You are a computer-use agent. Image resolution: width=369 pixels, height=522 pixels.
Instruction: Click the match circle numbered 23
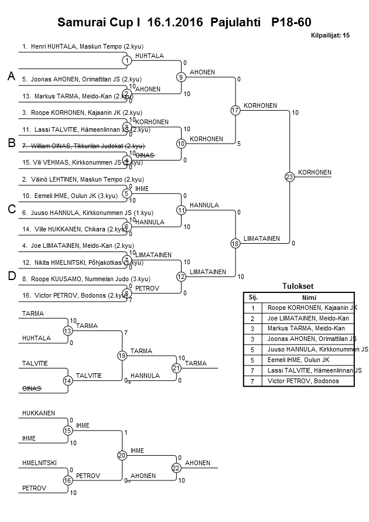click(x=289, y=176)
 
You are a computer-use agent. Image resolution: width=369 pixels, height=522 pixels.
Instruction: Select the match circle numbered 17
click(x=235, y=110)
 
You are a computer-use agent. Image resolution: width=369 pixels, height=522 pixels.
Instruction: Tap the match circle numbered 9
click(x=181, y=77)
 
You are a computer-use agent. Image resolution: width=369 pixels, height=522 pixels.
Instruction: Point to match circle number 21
click(x=176, y=368)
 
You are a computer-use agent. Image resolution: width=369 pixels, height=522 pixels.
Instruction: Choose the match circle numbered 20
click(x=122, y=455)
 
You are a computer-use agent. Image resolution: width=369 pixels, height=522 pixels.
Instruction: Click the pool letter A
click(x=11, y=77)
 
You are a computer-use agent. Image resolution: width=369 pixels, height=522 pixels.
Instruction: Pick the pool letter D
click(x=11, y=277)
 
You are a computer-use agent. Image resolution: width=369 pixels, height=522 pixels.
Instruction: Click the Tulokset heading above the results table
click(x=298, y=286)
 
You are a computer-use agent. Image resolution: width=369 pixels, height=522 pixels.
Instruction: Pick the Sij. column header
click(x=253, y=297)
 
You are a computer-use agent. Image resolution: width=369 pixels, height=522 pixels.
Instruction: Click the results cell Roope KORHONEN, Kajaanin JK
click(x=312, y=308)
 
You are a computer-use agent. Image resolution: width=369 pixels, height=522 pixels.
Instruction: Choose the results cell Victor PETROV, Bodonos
click(x=302, y=381)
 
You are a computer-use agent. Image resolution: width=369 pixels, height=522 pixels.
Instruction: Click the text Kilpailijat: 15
click(x=330, y=36)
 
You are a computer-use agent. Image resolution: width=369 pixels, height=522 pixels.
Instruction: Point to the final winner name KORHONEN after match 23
click(x=315, y=172)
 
